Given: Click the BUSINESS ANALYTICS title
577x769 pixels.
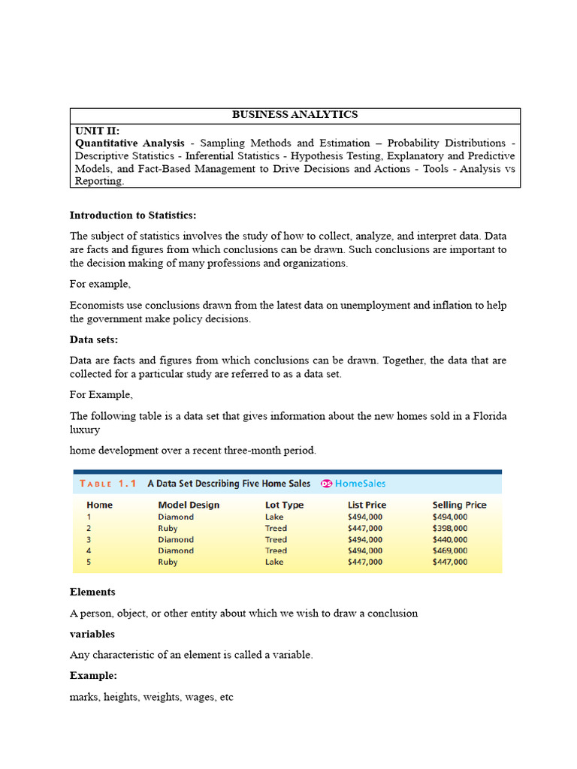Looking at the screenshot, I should click(x=295, y=115).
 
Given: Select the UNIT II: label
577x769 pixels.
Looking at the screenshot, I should click(x=97, y=130).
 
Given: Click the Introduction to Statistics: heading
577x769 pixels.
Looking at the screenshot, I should click(x=133, y=216).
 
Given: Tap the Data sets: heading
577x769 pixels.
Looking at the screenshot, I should click(x=92, y=339).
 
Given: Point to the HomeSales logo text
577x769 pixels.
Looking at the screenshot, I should click(x=360, y=484).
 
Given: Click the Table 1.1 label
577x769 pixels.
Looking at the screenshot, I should click(x=108, y=484).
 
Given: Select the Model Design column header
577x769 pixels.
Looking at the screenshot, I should click(x=189, y=505).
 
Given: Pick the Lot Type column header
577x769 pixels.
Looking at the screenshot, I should click(x=284, y=505).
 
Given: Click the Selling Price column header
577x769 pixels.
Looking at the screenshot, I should click(x=459, y=505).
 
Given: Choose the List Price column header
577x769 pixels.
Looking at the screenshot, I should click(x=367, y=505).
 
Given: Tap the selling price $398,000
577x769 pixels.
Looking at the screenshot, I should click(x=449, y=528).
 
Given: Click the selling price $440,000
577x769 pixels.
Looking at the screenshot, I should click(x=449, y=539).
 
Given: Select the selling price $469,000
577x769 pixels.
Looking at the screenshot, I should click(x=449, y=550).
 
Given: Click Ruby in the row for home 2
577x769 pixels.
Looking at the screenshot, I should click(x=168, y=528).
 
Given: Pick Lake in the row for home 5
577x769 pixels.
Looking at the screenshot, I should click(x=274, y=562).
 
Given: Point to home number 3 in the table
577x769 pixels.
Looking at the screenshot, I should click(x=89, y=539).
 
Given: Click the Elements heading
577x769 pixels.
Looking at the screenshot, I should click(x=92, y=592).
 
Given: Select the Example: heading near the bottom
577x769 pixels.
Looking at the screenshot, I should click(x=93, y=676).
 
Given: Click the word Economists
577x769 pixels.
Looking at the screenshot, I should click(x=96, y=306).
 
